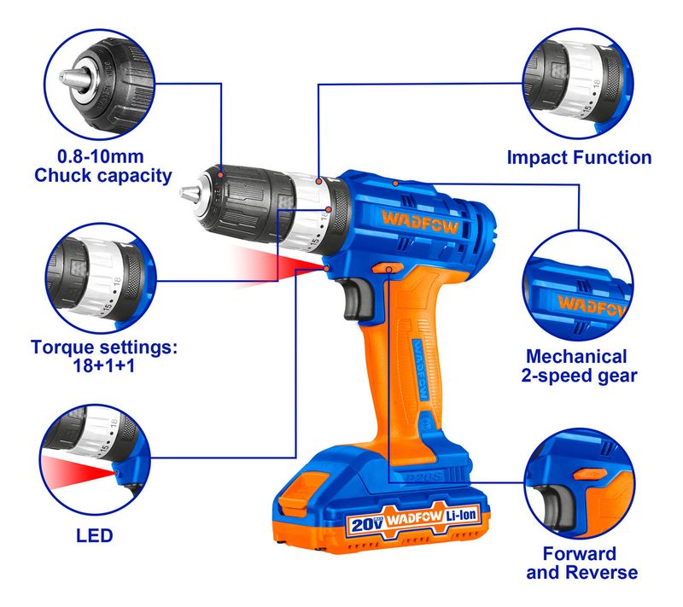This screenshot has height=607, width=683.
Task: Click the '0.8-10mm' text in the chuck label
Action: (x=101, y=156)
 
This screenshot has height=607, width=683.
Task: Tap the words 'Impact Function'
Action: (x=580, y=158)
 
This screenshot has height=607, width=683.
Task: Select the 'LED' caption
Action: (x=95, y=535)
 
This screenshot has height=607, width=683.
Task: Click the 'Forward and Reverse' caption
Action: (x=581, y=563)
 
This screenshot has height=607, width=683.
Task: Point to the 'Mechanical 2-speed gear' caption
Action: (x=579, y=365)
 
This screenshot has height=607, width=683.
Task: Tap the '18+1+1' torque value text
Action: (x=103, y=365)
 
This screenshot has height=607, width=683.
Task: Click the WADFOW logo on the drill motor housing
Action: (x=420, y=222)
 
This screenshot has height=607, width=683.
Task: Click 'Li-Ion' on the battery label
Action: (x=461, y=516)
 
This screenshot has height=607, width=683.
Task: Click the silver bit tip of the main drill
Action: (x=190, y=192)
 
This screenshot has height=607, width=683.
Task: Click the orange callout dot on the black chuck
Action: (x=221, y=175)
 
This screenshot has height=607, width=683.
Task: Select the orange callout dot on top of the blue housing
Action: (x=395, y=184)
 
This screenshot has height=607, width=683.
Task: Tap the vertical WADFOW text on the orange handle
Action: (x=419, y=371)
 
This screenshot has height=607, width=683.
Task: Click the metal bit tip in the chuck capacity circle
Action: (x=69, y=79)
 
